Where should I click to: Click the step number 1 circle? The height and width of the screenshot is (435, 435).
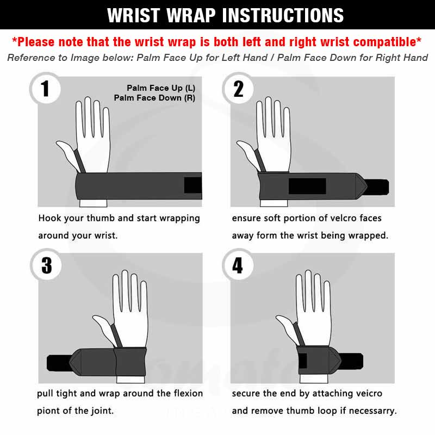tap(45, 89)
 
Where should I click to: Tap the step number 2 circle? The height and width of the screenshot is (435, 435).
tap(238, 89)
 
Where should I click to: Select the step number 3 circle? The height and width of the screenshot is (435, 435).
tap(46, 265)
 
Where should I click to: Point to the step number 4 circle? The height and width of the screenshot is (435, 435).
tap(238, 265)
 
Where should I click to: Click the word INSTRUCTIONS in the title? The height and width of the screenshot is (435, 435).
tap(283, 15)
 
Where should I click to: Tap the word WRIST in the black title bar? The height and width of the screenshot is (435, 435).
tap(133, 15)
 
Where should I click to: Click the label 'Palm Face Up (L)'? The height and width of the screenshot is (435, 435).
tap(161, 88)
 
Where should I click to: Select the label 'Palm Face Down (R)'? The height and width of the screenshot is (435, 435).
tap(154, 98)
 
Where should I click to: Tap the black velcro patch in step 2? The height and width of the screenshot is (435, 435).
tap(307, 186)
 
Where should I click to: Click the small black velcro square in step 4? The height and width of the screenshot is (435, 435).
tap(303, 361)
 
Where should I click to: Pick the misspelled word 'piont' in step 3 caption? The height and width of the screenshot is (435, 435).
tap(48, 411)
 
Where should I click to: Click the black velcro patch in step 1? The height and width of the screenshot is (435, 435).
tap(193, 185)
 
